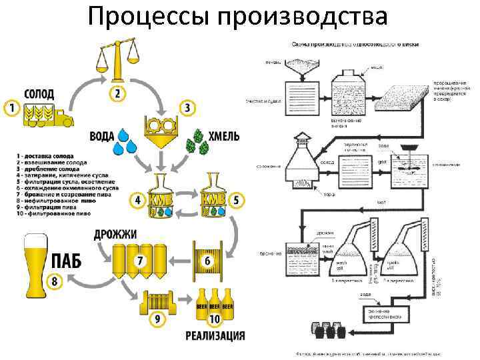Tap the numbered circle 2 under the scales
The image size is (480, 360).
click(x=117, y=93)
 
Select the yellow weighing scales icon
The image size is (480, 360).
click(x=117, y=60)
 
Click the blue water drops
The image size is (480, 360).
click(x=127, y=142)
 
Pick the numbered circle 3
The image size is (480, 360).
click(x=187, y=107)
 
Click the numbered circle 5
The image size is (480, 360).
click(x=237, y=200)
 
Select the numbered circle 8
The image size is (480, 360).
click(x=55, y=282)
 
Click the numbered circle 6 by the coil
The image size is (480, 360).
click(x=207, y=260)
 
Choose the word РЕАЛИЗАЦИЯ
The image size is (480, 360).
click(x=215, y=335)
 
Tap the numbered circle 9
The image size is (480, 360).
click(x=157, y=320)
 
